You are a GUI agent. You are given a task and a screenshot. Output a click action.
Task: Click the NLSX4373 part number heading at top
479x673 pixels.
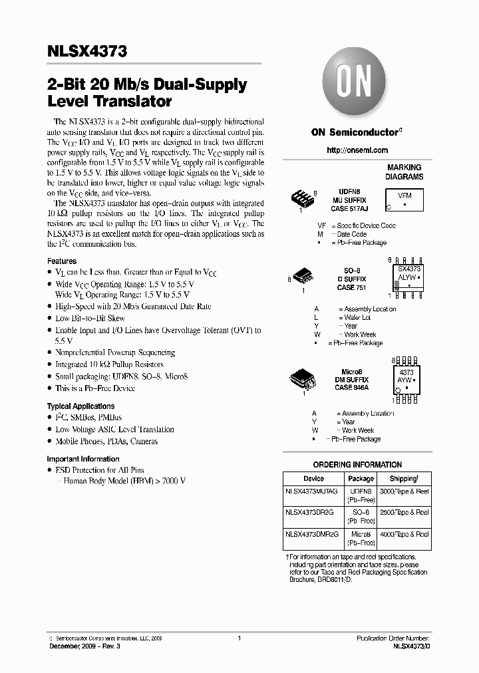click(x=87, y=51)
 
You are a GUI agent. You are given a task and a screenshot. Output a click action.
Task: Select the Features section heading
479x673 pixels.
click(x=62, y=261)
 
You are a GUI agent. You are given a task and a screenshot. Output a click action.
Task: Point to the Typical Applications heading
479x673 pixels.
click(x=80, y=406)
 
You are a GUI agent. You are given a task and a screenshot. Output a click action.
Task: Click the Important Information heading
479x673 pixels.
click(x=83, y=459)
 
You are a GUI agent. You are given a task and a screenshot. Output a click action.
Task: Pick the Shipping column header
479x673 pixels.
click(x=404, y=478)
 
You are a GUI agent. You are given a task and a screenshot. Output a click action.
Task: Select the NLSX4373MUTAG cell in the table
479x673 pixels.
click(x=311, y=491)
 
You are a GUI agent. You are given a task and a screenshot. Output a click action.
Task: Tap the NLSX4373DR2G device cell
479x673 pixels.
click(x=309, y=512)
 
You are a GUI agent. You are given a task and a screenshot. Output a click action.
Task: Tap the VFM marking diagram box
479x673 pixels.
click(x=404, y=200)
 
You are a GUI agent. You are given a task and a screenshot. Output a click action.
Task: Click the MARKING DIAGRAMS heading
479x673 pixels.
click(x=404, y=172)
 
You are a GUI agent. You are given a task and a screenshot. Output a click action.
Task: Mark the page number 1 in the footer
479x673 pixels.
click(x=239, y=638)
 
